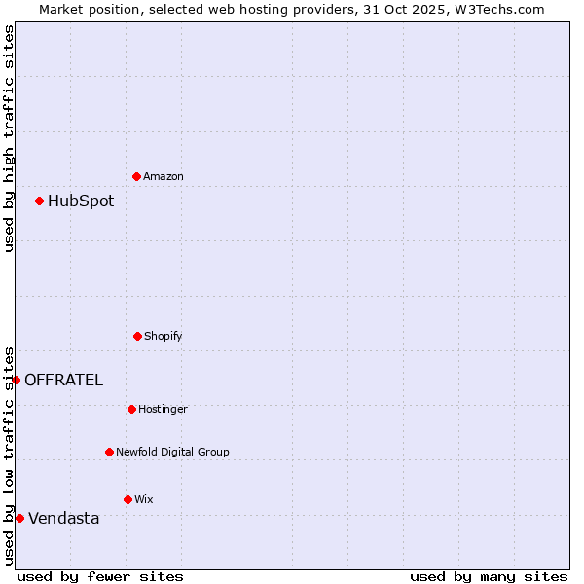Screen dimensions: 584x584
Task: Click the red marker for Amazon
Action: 136,176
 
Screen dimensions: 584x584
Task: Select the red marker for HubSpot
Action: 39,201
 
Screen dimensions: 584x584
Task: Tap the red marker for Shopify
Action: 137,336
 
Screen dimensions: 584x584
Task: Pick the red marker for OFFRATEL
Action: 17,380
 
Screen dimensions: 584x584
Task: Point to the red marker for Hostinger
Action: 131,409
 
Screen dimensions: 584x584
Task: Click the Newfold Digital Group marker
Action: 109,452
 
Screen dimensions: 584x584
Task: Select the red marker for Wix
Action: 128,499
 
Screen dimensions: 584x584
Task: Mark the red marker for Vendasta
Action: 19,518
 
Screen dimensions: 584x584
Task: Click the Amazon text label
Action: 164,176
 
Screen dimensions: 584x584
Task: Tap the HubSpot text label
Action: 81,201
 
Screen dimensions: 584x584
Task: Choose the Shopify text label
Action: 164,336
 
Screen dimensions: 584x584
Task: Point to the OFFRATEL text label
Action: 63,381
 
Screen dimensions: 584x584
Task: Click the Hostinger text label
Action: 163,409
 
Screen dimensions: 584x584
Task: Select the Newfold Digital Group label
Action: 172,452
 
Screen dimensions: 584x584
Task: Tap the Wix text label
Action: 144,499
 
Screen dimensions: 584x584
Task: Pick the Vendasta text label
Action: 63,519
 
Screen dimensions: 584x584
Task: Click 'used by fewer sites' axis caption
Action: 100,576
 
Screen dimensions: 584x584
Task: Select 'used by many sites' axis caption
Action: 489,576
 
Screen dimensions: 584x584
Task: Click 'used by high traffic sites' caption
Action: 9,137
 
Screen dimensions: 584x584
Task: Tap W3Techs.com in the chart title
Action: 496,9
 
